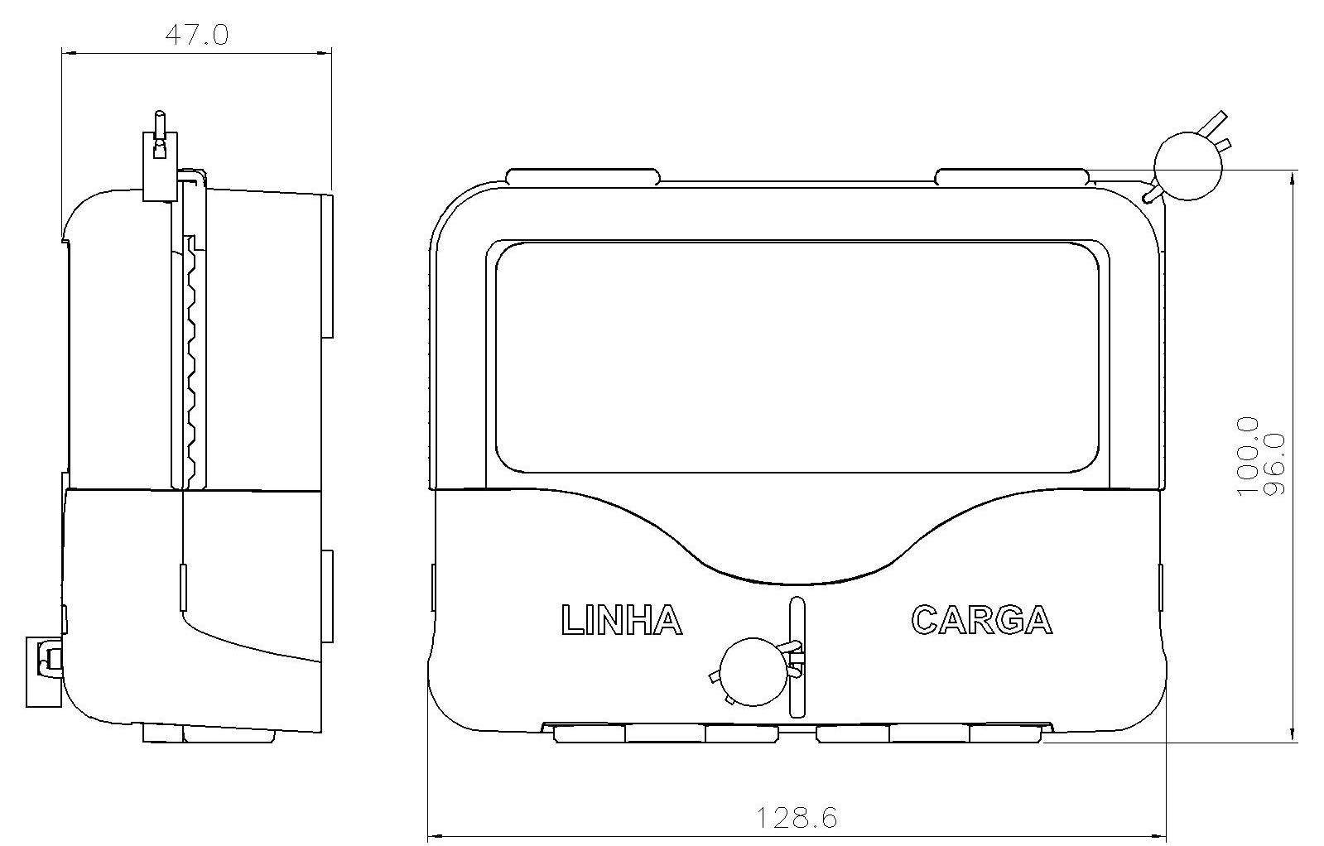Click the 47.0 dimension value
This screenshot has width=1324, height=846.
tap(197, 35)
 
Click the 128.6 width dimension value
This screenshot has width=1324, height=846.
tap(797, 818)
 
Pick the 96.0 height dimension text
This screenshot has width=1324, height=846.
tap(1273, 464)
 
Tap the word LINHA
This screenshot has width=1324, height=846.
tap(621, 620)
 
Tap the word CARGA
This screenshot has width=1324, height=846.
tap(982, 620)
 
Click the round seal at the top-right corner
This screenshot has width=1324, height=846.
tap(1187, 166)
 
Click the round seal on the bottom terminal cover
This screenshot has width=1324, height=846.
tap(754, 671)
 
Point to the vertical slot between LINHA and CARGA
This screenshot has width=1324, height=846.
tap(797, 657)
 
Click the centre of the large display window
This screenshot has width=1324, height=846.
tap(797, 357)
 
